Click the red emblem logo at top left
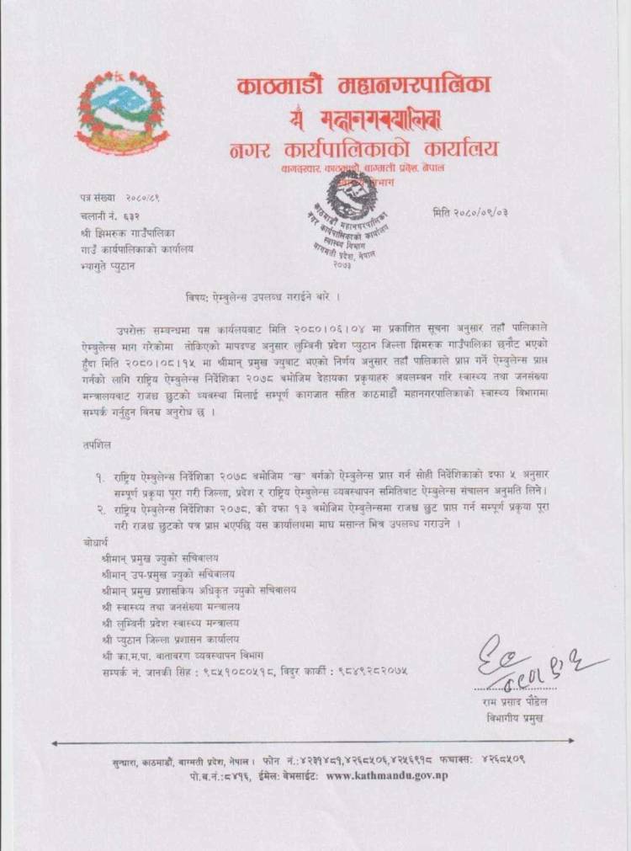123,113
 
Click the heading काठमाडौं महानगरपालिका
364,86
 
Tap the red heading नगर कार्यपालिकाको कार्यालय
364,150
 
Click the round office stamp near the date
352,217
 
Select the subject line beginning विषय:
263,299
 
